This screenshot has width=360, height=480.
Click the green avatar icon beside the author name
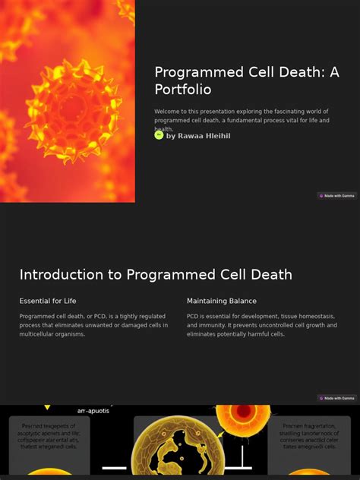click(159, 135)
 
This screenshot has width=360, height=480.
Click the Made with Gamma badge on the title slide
click(336, 196)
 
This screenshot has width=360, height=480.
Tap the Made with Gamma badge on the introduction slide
click(336, 398)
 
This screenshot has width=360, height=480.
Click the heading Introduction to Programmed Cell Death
click(156, 275)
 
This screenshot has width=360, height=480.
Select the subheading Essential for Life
click(48, 301)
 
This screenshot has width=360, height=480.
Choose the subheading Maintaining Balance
click(222, 301)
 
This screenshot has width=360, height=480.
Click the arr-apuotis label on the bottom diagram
click(93, 410)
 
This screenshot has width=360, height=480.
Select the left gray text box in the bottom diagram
click(49, 444)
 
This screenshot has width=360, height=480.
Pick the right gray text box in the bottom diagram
click(310, 444)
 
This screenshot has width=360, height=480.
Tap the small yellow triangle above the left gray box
click(48, 408)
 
